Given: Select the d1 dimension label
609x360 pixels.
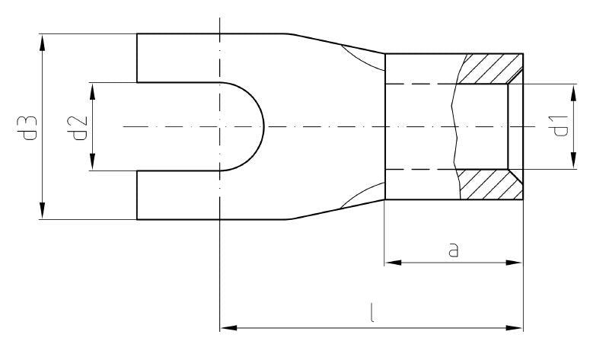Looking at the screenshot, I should click(x=561, y=126).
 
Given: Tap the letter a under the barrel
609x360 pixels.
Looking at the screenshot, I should click(x=454, y=250).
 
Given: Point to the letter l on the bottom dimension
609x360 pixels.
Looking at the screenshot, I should click(x=371, y=314).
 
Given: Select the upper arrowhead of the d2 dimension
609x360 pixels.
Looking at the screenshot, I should click(x=93, y=90).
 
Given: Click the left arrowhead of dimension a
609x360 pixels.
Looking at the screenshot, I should click(x=393, y=263).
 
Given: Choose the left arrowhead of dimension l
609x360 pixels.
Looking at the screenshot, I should click(x=228, y=329).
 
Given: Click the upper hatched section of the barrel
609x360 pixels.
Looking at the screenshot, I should click(x=491, y=68).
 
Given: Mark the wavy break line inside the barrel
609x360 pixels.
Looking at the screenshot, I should click(x=454, y=126).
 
